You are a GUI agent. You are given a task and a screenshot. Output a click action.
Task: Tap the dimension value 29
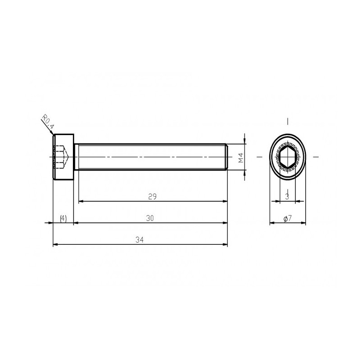coord(153,197)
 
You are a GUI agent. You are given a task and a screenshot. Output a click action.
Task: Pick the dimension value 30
coord(150,218)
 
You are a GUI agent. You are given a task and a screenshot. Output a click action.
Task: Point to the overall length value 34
coord(139,240)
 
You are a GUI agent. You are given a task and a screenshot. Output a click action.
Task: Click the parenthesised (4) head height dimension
coord(63,218)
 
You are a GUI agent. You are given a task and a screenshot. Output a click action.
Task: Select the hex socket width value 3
coord(287,197)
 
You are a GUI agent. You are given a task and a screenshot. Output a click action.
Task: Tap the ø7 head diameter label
coord(288,218)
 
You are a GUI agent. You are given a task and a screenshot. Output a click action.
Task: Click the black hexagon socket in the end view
coord(288,157)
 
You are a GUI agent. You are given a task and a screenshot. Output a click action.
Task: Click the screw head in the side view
coord(63,157)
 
